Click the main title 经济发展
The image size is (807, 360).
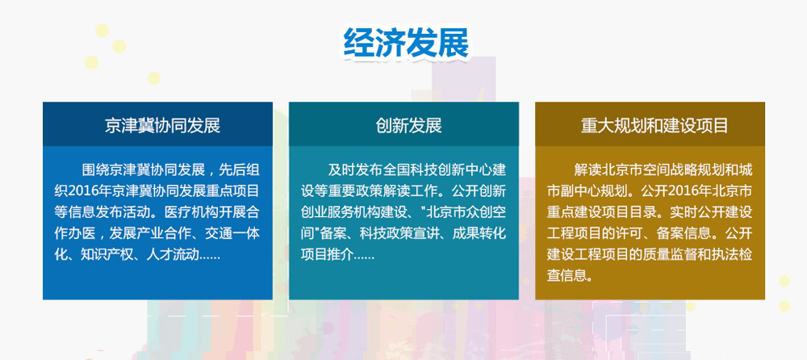tap(407, 43)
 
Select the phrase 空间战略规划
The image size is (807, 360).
tap(672, 171)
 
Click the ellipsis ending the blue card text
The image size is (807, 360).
tap(209, 254)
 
